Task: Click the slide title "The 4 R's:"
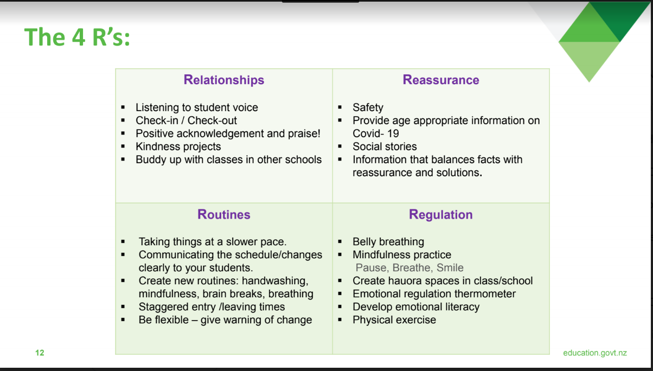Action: [77, 37]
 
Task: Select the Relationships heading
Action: [224, 80]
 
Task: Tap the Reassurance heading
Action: [441, 80]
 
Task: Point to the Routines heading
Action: [224, 214]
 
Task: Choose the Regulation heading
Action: [441, 214]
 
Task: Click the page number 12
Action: [40, 353]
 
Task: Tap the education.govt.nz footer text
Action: [595, 353]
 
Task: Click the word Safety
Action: [368, 107]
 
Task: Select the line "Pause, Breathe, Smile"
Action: [409, 267]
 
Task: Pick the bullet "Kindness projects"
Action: [178, 146]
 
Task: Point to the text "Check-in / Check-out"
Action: [186, 120]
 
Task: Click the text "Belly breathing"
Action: [388, 241]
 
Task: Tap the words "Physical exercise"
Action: [394, 319]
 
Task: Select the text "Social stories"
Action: [385, 146]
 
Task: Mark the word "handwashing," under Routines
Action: [275, 280]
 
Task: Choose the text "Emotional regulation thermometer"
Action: [434, 293]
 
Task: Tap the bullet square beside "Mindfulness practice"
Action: [340, 255]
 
